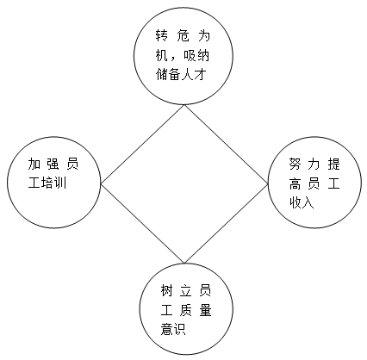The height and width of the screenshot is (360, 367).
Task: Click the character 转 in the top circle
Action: coord(161,35)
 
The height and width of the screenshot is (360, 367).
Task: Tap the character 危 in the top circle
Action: coord(183,35)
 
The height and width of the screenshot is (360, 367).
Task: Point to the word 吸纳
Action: coord(196,56)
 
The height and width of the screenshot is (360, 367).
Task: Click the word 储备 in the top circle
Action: coord(168,75)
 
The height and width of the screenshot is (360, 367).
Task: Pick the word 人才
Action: coord(194,75)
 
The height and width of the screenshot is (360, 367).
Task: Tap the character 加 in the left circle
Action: coord(34,164)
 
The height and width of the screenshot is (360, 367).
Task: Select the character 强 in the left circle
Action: coord(53,164)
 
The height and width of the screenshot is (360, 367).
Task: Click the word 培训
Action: coord(53,183)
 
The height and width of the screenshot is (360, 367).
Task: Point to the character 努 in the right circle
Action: coord(295,164)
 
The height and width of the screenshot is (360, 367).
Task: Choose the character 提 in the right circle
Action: coord(333,164)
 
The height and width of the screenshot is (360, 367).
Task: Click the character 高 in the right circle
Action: coord(295,183)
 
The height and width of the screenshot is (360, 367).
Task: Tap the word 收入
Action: coord(302,202)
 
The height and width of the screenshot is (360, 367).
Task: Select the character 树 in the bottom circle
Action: coord(166,290)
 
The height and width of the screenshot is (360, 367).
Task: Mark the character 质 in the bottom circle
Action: coord(186,310)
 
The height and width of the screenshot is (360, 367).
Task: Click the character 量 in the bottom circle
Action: coord(205,310)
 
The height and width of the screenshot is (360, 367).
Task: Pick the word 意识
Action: coord(173,329)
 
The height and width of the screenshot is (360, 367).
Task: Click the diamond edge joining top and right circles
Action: coord(226,145)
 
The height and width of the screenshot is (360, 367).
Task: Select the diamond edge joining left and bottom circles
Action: coord(142,223)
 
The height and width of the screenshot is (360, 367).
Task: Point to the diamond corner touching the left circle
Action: coord(101,183)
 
